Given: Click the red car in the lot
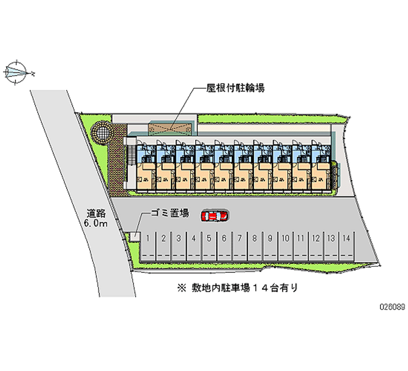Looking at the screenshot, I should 215,216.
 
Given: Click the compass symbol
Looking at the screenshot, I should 18,72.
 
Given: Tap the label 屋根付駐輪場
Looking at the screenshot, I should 235,88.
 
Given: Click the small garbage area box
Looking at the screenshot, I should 135,236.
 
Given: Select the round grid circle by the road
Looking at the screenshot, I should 101,133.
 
